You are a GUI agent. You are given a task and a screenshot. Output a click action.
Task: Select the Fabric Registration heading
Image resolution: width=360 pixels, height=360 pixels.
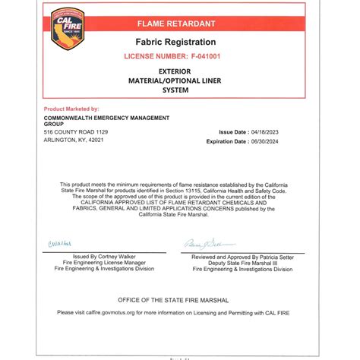tap(175, 42)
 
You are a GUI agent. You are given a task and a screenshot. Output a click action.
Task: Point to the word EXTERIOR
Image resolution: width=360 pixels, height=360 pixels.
tap(175, 71)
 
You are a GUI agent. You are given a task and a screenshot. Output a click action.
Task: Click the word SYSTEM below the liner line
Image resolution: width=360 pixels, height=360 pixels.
tap(175, 90)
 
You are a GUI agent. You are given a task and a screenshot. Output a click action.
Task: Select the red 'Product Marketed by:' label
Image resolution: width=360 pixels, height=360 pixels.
tap(71, 109)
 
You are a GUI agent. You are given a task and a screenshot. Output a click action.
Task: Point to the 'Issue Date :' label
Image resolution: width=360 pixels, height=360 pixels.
tap(233, 132)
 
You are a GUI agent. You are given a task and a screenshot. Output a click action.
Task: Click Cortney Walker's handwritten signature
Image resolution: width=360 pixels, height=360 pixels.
tap(60, 243)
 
